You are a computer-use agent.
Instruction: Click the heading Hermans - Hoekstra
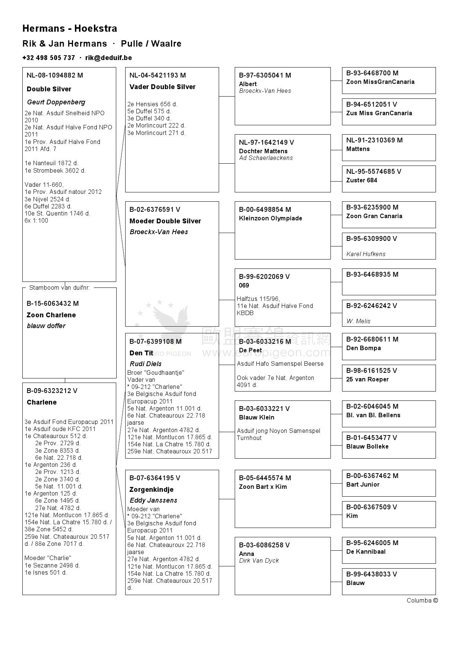point(70,29)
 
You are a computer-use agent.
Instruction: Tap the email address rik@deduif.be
point(108,58)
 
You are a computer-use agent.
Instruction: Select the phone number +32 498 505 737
point(48,58)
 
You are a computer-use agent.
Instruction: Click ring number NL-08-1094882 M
point(55,75)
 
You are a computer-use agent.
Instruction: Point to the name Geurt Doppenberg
point(56,102)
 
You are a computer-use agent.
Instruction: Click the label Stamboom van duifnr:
point(60,287)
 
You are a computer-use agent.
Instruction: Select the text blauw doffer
point(46,326)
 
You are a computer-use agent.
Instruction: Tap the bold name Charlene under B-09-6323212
point(42,402)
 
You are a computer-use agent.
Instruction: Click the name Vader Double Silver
point(162,87)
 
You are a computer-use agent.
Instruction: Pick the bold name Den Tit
point(142,353)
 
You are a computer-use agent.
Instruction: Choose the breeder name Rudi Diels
point(146,364)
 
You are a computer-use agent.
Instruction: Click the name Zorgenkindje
point(152,490)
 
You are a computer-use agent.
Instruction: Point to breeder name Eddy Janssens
point(154,500)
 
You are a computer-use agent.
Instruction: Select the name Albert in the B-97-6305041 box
point(248,84)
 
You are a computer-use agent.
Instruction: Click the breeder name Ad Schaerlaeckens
point(266,158)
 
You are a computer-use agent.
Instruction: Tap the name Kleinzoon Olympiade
point(270,218)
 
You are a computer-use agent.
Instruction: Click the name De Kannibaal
point(366,551)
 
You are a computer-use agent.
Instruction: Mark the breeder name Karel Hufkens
point(366,254)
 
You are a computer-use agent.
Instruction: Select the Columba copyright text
point(422,600)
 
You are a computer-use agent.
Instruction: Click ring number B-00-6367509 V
point(371,507)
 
